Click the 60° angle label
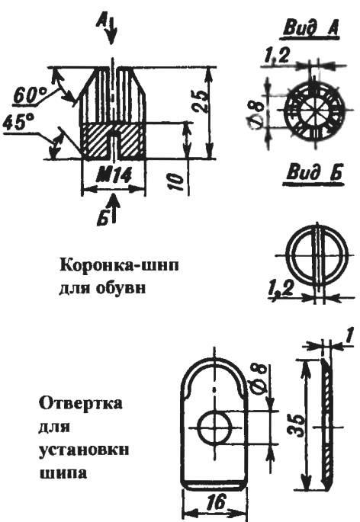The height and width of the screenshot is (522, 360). [30, 95]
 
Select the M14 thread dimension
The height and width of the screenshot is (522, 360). [114, 176]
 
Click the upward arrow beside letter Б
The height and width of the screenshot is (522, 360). [114, 208]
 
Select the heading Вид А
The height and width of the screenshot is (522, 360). [310, 28]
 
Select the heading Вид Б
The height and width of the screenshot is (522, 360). [314, 175]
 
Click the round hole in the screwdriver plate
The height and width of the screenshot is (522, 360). [214, 427]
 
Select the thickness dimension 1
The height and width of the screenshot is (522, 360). [349, 337]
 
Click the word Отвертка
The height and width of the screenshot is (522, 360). [81, 404]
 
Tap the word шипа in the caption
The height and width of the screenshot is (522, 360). [63, 472]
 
